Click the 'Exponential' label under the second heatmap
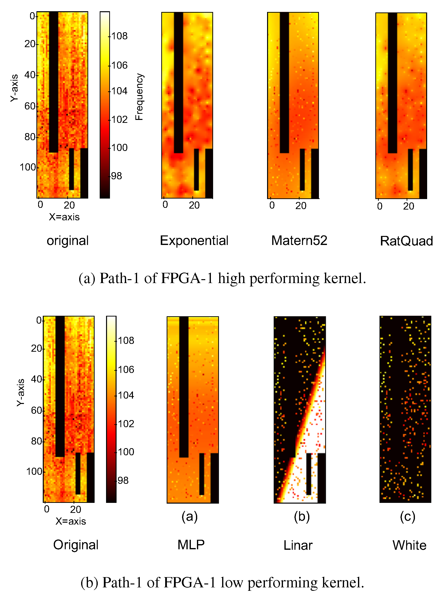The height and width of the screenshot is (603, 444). [194, 240]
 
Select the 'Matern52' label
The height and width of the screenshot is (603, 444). [299, 240]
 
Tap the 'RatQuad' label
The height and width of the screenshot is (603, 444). [406, 241]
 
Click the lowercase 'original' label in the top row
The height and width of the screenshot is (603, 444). [67, 241]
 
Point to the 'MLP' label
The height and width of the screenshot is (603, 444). [191, 545]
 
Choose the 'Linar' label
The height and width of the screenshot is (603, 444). [298, 546]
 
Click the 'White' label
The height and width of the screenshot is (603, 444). [409, 546]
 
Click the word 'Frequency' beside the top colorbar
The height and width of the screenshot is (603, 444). [139, 96]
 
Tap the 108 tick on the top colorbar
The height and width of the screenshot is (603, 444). [119, 36]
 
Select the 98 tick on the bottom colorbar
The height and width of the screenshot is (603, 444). [123, 481]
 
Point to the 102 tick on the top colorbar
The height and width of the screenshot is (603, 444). [119, 119]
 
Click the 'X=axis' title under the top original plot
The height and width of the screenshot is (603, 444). [64, 217]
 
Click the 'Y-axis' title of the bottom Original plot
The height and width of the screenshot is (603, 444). [21, 392]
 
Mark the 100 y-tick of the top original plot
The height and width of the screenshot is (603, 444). [28, 167]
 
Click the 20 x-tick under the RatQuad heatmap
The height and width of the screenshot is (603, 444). [408, 206]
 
